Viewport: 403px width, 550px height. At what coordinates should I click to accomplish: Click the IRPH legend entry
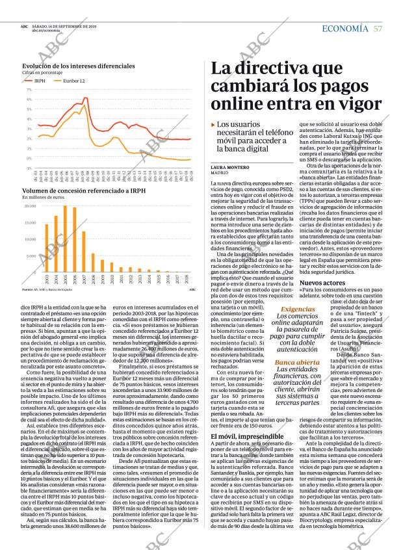[x=40, y=81]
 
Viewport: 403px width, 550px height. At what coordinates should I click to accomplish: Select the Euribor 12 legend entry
[x=73, y=81]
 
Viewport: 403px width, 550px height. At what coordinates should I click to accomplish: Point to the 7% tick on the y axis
[x=29, y=90]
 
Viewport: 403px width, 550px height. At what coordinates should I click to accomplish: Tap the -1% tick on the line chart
[x=29, y=168]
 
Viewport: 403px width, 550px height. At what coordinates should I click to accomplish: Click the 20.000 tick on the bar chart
[x=30, y=206]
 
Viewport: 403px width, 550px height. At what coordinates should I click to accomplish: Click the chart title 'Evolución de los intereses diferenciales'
[x=74, y=66]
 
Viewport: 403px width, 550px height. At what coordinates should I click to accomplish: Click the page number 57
[x=378, y=29]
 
